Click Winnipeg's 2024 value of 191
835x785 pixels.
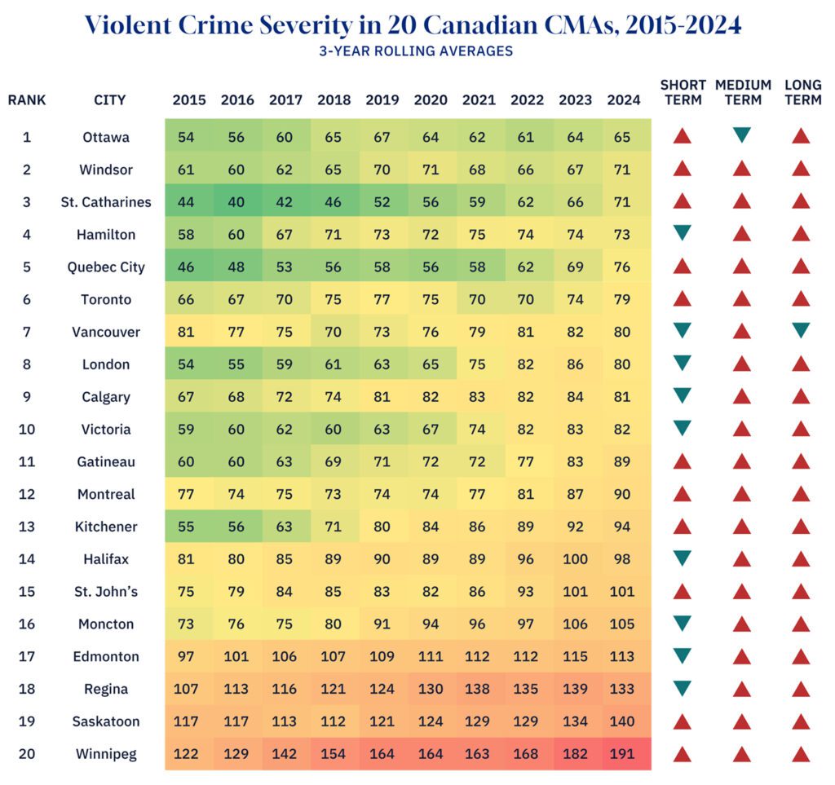click(x=622, y=754)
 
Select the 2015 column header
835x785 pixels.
click(x=189, y=100)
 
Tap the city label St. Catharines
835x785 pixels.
click(x=106, y=202)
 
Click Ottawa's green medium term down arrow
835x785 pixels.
click(x=741, y=135)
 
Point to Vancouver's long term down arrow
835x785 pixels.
click(x=801, y=330)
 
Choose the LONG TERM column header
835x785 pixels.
click(x=802, y=92)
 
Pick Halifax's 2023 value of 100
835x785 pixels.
click(x=575, y=559)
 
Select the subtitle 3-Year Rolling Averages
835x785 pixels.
click(x=416, y=51)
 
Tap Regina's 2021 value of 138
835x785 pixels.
click(x=479, y=689)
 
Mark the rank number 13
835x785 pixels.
click(x=27, y=527)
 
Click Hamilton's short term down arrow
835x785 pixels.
click(x=683, y=233)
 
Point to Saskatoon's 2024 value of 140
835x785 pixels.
click(x=622, y=721)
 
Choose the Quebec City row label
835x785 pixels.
click(x=107, y=267)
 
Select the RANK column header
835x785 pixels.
click(x=27, y=100)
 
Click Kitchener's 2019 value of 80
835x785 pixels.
click(x=382, y=527)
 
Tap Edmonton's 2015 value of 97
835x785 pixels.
click(x=186, y=656)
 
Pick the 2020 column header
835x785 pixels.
click(x=431, y=100)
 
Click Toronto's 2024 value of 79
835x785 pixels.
click(x=622, y=299)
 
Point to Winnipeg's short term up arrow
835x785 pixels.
click(x=683, y=754)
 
